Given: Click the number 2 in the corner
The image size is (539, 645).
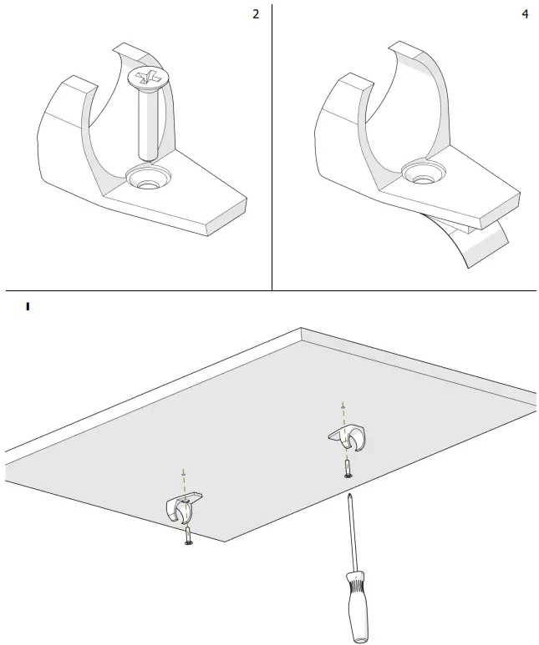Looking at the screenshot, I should pyautogui.click(x=256, y=16).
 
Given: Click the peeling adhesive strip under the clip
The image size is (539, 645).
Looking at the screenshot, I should pyautogui.click(x=485, y=242).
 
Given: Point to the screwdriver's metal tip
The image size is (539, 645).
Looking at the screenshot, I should pyautogui.click(x=348, y=496).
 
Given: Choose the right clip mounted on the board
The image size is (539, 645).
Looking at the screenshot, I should pyautogui.click(x=348, y=436).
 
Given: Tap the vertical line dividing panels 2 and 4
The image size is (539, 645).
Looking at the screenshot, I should pyautogui.click(x=272, y=146).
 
